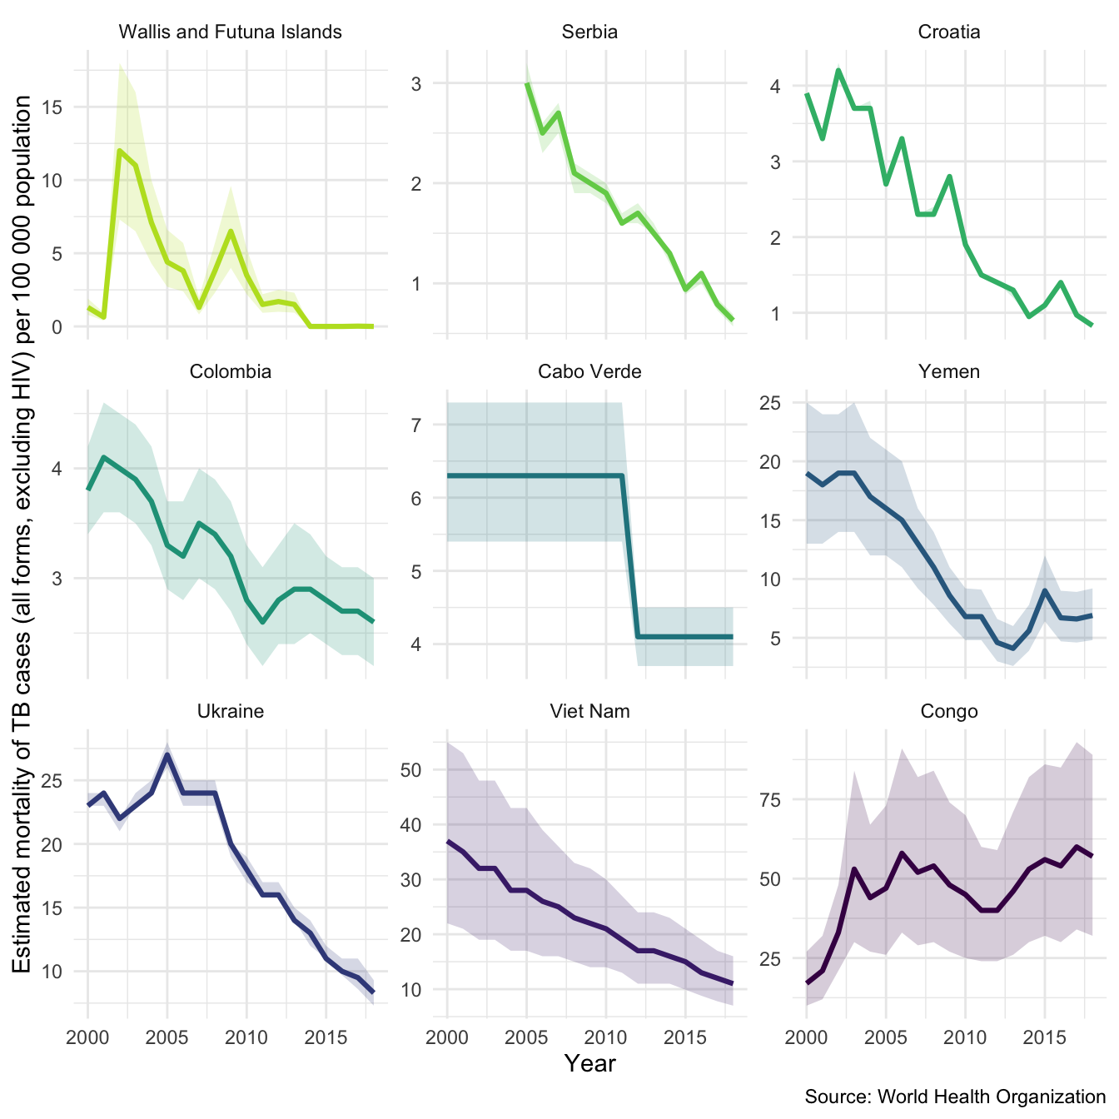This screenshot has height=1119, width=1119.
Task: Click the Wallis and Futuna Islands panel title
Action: pos(231,32)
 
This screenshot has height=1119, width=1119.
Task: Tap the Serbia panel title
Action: pos(589,32)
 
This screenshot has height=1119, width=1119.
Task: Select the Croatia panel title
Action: pos(949,32)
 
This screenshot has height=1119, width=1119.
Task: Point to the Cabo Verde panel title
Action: pos(589,371)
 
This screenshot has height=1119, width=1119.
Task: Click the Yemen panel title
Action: pos(949,371)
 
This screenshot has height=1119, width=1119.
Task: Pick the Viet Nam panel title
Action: pos(589,711)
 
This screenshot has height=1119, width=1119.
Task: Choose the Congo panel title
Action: pos(949,711)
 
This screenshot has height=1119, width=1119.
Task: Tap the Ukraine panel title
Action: pos(231,711)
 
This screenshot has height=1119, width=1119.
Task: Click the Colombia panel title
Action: pos(231,371)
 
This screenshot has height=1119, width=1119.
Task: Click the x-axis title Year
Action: pos(589,1063)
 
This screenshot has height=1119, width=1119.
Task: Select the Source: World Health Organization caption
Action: pos(955,1097)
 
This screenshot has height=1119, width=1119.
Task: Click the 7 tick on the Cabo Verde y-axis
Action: pos(416,425)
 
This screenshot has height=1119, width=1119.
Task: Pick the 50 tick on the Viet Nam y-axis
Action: pos(410,769)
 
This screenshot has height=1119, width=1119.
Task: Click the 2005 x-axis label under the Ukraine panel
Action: pos(167,1037)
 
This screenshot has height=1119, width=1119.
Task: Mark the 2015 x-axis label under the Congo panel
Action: pos(1045,1037)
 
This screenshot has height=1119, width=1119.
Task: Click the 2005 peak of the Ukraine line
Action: pos(167,755)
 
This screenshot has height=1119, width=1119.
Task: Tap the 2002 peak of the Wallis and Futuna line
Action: pos(120,151)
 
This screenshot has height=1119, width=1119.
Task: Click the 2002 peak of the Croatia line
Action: pos(838,70)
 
